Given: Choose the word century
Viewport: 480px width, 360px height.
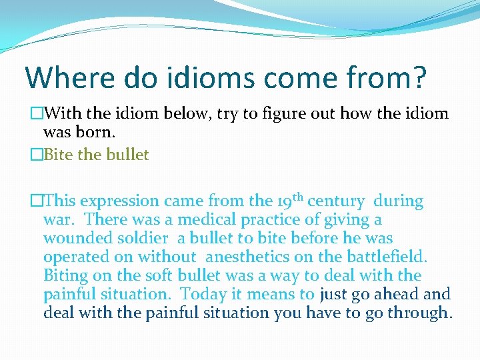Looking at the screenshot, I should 336,201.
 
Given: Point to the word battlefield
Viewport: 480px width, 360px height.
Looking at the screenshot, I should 386,257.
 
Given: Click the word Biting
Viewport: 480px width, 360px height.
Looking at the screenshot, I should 65,275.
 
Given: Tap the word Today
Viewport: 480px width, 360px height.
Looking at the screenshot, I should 201,294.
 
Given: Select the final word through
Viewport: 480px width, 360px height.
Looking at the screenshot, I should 418,313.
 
